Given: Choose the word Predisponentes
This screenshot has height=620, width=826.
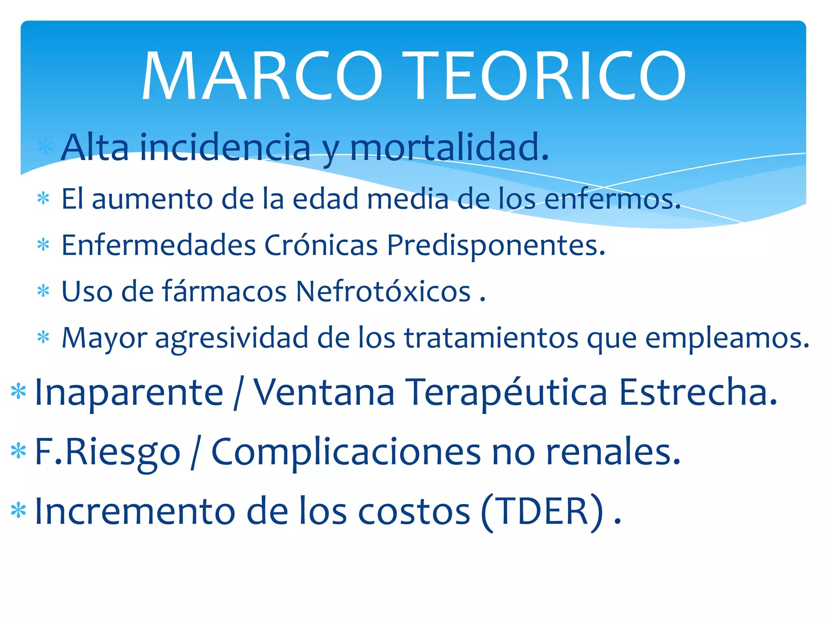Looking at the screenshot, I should point(496,246).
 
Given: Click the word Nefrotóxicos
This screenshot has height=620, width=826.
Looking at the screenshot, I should point(383,291).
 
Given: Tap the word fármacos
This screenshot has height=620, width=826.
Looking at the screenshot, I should point(224,291).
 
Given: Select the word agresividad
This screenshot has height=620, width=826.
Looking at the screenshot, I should point(232,338).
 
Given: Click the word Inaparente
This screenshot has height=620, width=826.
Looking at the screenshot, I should point(129,392).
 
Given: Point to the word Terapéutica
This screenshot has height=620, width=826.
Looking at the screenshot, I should point(506,392).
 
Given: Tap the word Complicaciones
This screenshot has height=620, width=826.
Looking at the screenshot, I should point(346,452).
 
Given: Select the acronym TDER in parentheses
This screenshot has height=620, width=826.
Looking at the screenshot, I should point(543,511).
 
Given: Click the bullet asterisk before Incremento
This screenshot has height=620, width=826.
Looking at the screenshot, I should point(19,511).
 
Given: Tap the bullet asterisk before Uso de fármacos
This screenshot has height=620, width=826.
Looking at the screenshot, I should point(43,291).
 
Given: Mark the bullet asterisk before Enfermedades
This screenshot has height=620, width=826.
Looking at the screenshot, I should point(43,245).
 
